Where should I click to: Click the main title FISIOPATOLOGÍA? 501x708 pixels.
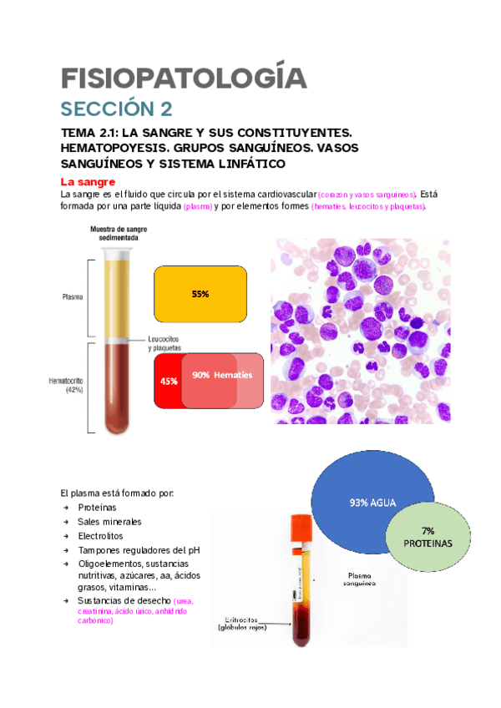click(185, 78)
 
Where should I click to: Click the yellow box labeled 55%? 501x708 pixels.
click(200, 295)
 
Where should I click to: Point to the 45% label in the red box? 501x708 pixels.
click(168, 381)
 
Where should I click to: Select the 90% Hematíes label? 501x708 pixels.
click(221, 376)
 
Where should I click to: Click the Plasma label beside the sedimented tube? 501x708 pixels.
click(72, 296)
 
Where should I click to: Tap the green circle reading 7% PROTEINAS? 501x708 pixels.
click(427, 537)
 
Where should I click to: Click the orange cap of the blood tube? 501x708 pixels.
click(300, 528)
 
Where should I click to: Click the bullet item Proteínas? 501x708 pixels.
click(97, 507)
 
